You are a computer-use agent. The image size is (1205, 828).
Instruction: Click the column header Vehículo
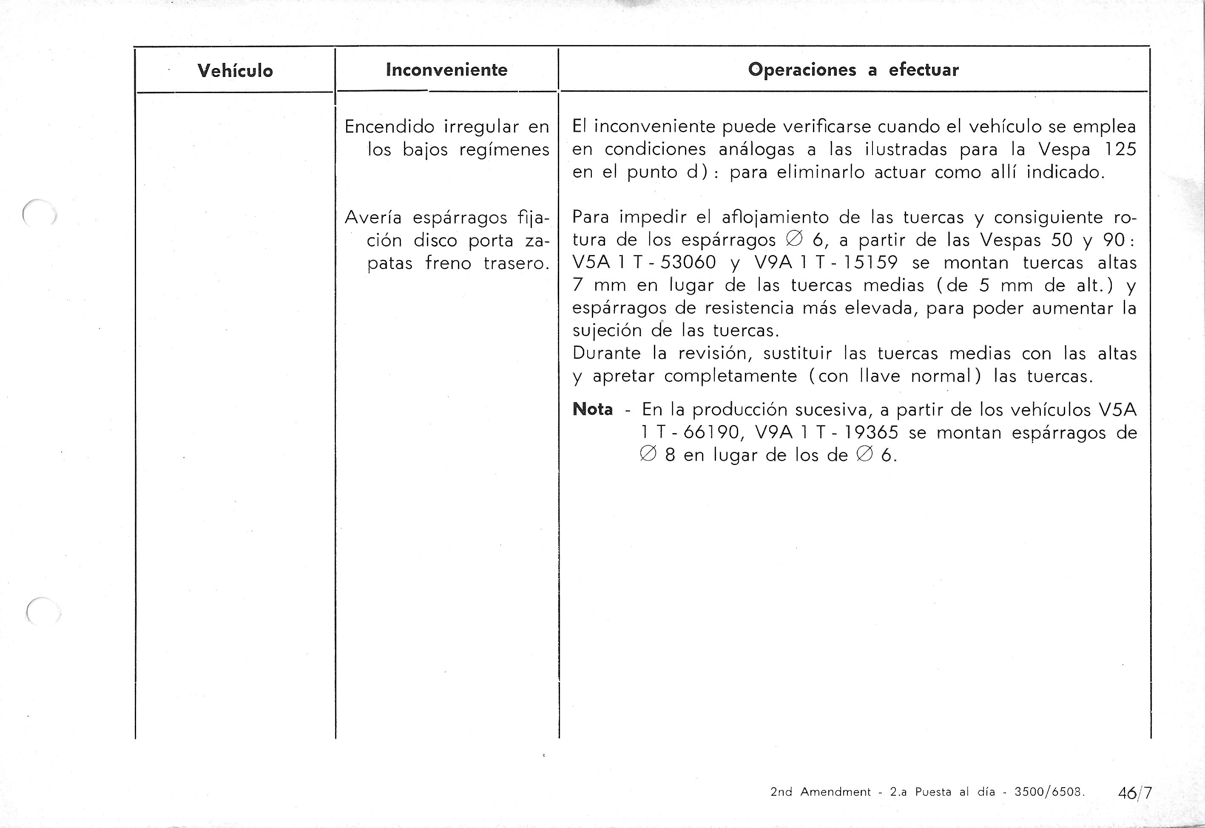235,71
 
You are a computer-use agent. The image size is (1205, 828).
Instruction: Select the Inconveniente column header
446,70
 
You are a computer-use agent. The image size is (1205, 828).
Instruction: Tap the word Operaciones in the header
802,70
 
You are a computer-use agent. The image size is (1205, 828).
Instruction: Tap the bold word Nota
592,409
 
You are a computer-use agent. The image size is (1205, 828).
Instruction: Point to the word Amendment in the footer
836,792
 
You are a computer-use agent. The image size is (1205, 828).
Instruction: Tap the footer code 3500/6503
1048,792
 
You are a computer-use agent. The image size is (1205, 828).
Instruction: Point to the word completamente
730,376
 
